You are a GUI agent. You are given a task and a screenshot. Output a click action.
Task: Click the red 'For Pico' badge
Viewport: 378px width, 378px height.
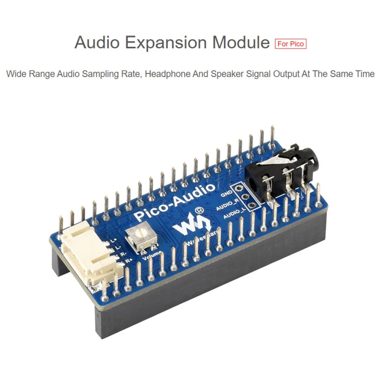[291, 43]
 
